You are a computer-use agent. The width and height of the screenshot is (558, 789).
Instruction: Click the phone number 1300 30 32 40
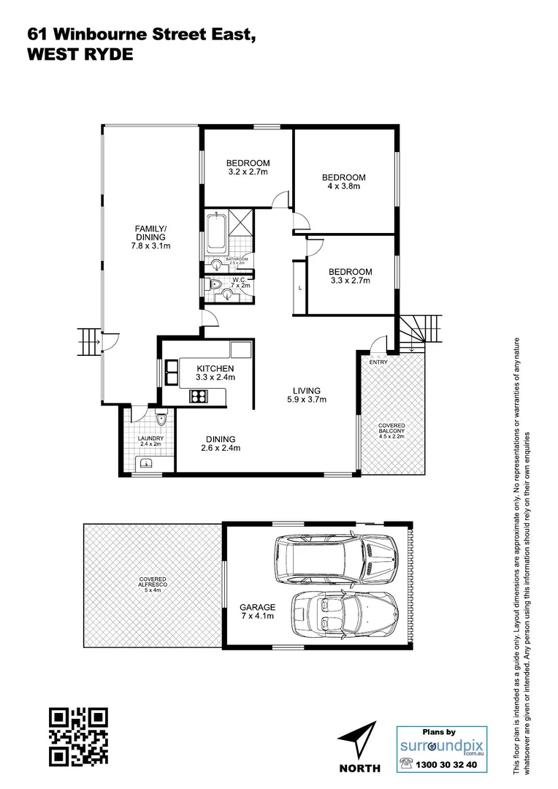tap(450, 765)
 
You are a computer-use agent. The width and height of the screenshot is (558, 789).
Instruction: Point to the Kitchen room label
tap(215, 373)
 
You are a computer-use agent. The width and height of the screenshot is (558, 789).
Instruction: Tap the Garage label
tap(258, 611)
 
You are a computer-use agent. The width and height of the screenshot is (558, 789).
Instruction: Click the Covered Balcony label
tap(391, 430)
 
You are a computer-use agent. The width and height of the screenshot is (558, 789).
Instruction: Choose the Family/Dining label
tap(150, 237)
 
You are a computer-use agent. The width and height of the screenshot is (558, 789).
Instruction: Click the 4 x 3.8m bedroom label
tap(344, 182)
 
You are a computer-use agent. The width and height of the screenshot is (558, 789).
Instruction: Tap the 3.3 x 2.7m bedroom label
tap(351, 276)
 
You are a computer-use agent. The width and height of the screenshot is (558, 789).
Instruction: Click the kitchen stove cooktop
tap(199, 397)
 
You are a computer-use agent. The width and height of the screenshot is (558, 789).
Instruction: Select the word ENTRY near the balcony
tap(379, 362)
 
